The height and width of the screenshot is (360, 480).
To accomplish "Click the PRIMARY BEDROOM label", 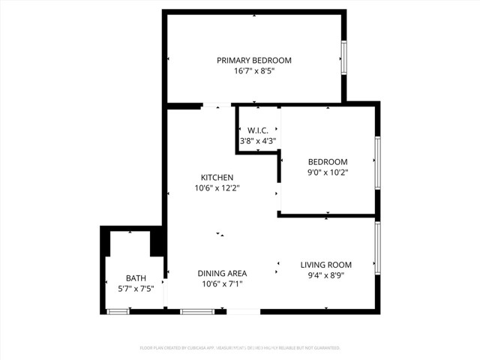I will coord(254,60).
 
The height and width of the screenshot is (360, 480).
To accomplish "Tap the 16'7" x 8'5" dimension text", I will coord(254,71).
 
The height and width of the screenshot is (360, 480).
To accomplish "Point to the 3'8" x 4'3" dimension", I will coord(258,140).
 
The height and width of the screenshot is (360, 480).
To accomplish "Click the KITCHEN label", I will coord(217,178).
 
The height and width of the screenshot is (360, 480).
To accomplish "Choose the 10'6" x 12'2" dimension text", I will coord(217,188).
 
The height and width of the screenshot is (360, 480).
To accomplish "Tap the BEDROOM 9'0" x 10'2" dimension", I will coord(328,172).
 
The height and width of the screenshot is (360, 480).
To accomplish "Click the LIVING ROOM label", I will coord(326,265).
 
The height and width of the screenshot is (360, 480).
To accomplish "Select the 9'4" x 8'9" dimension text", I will coord(326,275).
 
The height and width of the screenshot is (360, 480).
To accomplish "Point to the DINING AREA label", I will coord(222,274).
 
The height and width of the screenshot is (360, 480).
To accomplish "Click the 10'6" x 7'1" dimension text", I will coord(222,284).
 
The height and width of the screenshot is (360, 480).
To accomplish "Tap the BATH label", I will coord(136,278).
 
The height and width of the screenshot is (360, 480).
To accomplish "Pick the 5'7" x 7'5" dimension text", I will coord(136,289).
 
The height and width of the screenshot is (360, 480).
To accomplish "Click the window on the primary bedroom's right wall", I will coord(344,57).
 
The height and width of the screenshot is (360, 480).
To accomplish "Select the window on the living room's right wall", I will coord(377,247).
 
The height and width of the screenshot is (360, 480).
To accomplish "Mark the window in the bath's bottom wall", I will coord(118,311).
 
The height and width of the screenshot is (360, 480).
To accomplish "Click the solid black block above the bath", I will coord(157,242).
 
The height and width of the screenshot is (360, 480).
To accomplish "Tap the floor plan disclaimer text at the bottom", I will coord(240,348).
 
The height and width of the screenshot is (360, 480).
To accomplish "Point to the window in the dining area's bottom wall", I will coord(198,311).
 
